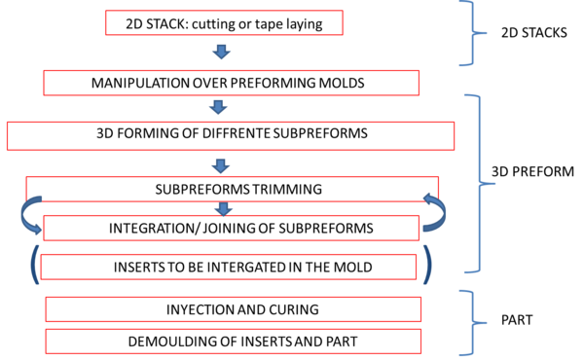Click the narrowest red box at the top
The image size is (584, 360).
coord(224,22)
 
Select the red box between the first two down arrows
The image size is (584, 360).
coord(232,83)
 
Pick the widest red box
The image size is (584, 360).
coord(231,135)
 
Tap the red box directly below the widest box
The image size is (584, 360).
coord(232,189)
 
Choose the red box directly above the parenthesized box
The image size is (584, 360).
coord(232,228)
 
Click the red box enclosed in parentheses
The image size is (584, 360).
coord(229,267)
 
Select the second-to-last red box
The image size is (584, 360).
coord(234,309)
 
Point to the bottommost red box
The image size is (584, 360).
coord(234,342)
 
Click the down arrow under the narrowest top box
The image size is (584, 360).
coord(221,52)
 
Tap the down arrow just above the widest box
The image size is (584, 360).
coord(218,107)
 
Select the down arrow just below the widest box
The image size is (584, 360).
coord(220,165)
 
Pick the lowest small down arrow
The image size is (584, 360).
coord(223,208)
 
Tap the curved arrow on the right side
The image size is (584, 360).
coord(435,212)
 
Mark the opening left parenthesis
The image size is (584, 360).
coord(33,265)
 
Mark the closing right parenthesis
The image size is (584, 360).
coord(427,265)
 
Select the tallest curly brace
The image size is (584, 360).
coord(477,183)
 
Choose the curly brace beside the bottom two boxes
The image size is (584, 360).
coord(470,322)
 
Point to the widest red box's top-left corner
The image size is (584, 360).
coord(7,123)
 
